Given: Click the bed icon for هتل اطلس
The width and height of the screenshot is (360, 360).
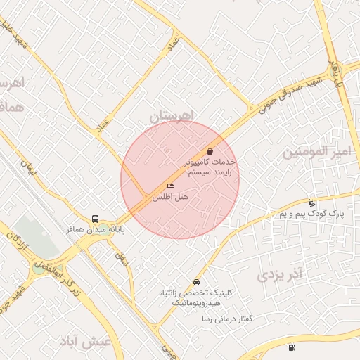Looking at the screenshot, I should pyautogui.click(x=170, y=186).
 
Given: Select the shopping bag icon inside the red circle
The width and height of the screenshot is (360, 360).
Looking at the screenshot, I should pyautogui.click(x=210, y=151).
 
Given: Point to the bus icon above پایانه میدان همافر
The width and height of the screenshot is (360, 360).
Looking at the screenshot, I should pyautogui.click(x=95, y=218).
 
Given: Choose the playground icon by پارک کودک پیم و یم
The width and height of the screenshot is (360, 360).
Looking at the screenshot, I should pyautogui.click(x=312, y=203).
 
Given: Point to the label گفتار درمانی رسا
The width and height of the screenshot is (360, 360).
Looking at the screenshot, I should pyautogui.click(x=227, y=319).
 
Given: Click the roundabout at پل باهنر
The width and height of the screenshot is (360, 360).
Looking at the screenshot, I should pyautogui.click(x=335, y=71).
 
